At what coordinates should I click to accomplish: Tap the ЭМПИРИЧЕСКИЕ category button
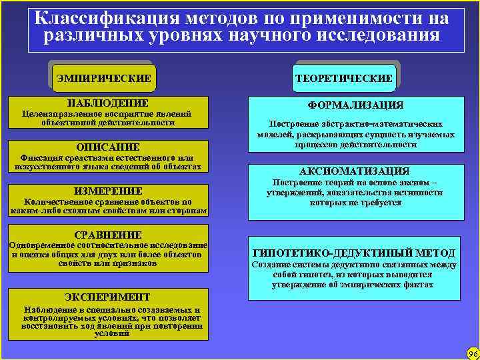coord(104,78)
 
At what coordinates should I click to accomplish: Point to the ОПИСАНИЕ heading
coord(108,147)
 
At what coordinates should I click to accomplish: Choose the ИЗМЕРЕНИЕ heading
coord(108,191)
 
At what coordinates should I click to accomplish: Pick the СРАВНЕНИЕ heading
coord(108,235)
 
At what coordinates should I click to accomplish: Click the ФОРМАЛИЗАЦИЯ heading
coord(355,105)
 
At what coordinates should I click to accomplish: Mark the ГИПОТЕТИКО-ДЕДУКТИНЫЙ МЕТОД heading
coord(355,253)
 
